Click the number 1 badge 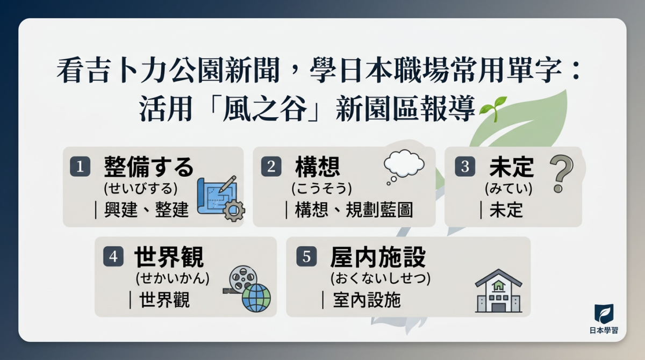pos(80,167)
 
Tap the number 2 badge pos(271,167)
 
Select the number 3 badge pos(465,167)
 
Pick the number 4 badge pos(113,256)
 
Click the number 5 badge pos(306,256)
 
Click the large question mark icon pos(561,174)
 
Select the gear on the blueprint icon pos(234,211)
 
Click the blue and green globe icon pos(256,298)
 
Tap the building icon pos(498,291)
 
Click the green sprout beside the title pos(493,109)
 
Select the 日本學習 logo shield pos(604,314)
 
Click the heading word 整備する pos(148,167)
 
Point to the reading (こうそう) pos(321,189)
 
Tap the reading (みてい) pos(508,189)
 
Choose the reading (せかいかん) pos(173,278)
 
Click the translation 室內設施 pos(367,300)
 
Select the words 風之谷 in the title pos(265,109)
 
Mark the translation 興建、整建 pos(146,210)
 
